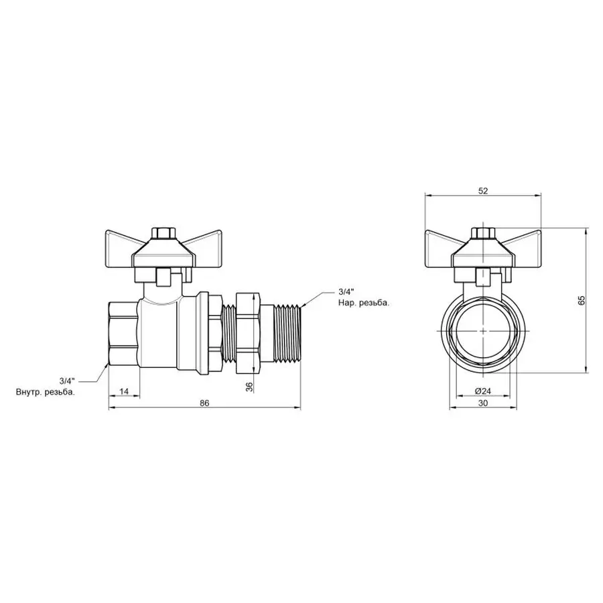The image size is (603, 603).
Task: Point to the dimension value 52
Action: tap(483, 191)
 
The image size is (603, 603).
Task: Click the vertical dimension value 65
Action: tap(582, 299)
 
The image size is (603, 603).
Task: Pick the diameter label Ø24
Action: tap(483, 391)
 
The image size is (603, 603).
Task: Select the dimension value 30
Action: tap(483, 403)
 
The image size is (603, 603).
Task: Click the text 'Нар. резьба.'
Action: tap(363, 303)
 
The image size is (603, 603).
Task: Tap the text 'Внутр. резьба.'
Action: tap(46, 392)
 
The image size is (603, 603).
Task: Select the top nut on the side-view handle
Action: tap(161, 234)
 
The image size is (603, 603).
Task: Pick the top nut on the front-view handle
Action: tap(483, 234)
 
